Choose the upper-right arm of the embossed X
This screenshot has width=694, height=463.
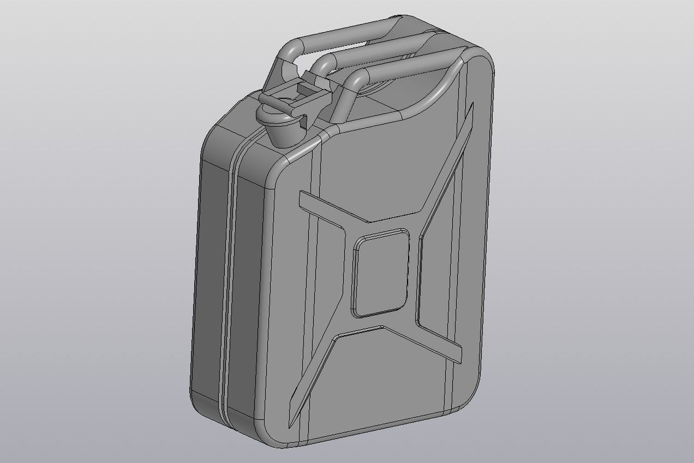click(447, 164)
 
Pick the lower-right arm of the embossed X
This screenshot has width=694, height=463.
click(439, 341)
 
